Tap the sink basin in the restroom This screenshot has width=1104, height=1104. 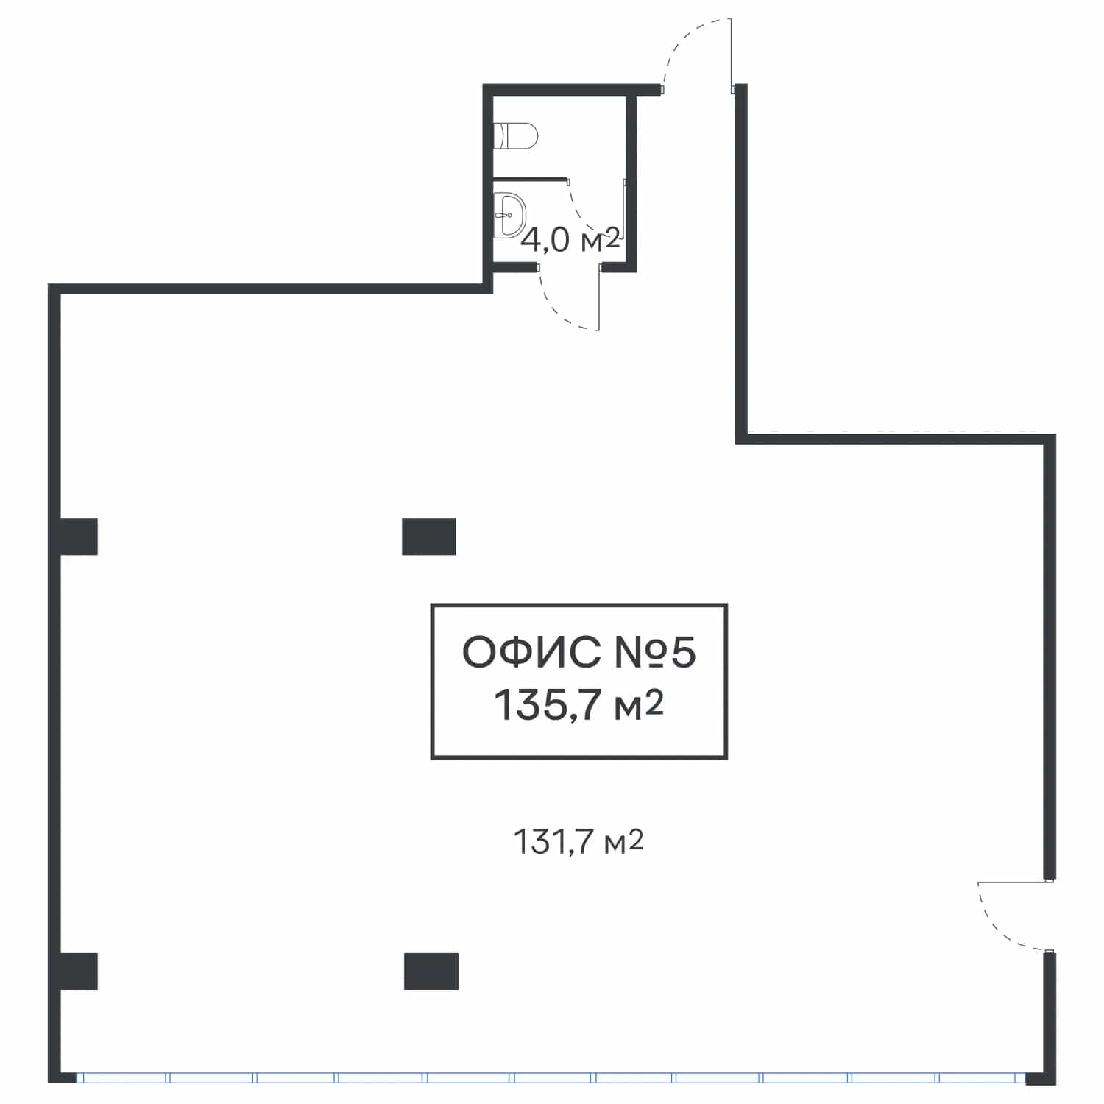click(509, 215)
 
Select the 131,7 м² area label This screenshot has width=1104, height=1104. click(578, 842)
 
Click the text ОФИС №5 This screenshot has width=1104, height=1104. click(578, 653)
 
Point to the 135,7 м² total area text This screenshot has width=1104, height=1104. click(579, 705)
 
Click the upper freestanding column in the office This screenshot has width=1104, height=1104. click(429, 537)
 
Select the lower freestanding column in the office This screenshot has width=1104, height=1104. click(431, 972)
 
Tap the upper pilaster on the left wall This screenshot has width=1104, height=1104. click(78, 537)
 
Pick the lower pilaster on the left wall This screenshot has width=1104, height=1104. click(78, 972)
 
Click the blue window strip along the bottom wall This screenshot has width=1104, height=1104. click(550, 1078)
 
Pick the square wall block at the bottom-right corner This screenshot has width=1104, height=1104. click(1041, 1078)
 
